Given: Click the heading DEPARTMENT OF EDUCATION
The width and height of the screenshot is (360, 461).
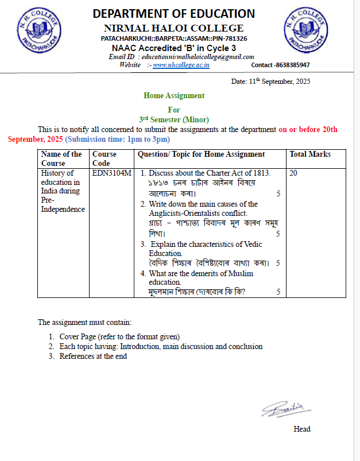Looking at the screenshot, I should (173, 14).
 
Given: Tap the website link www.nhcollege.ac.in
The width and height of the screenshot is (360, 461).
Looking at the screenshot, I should (181, 65).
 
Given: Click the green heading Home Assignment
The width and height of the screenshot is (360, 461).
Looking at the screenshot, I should (174, 96).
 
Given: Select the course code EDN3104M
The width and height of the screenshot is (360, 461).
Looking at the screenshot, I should (111, 173).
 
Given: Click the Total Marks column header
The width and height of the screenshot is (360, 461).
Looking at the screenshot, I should (310, 154).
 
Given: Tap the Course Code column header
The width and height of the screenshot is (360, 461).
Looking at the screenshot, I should (104, 158).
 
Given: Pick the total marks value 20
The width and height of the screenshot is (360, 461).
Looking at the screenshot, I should (293, 173).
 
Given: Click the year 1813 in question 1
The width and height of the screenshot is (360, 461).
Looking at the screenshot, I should (260, 173).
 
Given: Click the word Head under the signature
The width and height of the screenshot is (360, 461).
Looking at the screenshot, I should (301, 429).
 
